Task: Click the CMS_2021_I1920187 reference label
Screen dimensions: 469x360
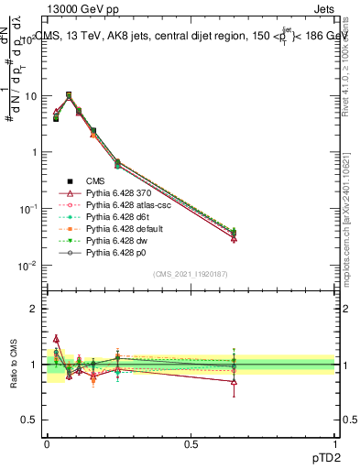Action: (191, 275)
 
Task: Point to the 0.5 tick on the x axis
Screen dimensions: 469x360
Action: (191, 443)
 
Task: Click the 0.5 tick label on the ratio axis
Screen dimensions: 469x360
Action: (31, 420)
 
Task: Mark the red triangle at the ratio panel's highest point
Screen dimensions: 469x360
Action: (56, 338)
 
